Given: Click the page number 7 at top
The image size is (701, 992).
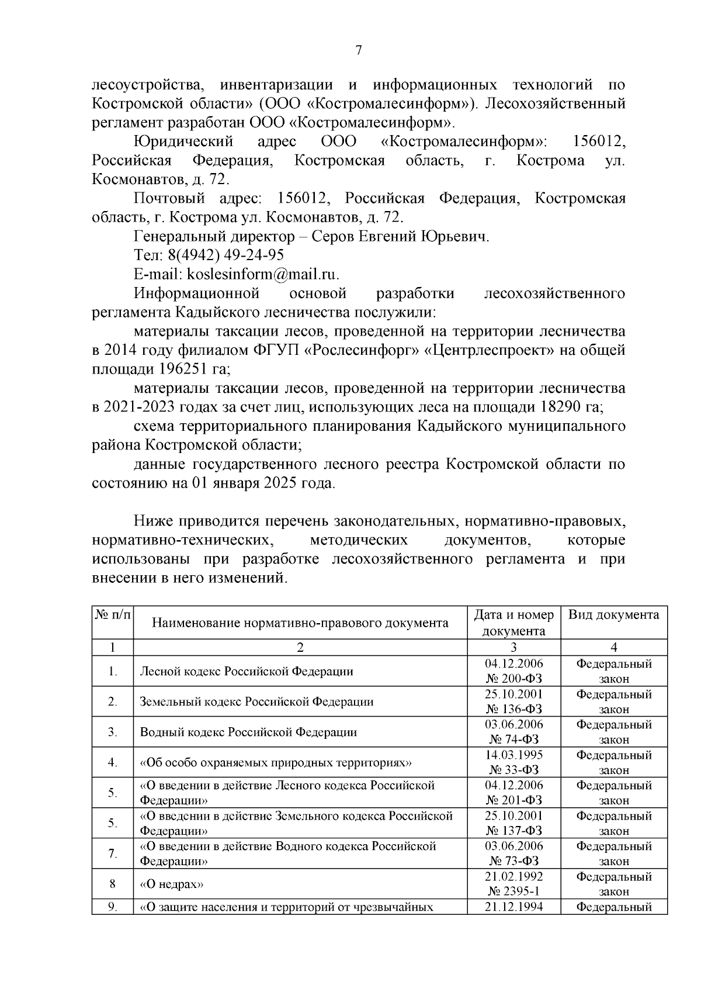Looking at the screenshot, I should (x=359, y=51).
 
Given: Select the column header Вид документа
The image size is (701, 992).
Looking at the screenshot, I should (x=613, y=614).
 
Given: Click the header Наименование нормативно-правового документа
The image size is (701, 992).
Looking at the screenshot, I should (x=300, y=623).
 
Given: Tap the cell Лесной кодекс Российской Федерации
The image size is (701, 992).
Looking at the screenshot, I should (x=247, y=671).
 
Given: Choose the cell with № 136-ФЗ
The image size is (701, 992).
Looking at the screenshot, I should (x=513, y=709).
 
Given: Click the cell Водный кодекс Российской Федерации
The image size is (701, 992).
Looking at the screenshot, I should (x=248, y=732).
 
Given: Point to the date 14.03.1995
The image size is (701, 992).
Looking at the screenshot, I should (x=513, y=755).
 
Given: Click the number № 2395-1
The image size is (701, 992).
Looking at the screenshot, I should (x=513, y=891).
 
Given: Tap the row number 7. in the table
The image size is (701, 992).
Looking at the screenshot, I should (x=113, y=853).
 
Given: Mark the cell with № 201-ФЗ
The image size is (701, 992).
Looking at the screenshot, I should (x=513, y=800).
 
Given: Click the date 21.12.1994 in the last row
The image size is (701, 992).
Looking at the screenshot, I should (x=513, y=907).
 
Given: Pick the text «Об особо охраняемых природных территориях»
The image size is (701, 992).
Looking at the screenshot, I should (x=276, y=762).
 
